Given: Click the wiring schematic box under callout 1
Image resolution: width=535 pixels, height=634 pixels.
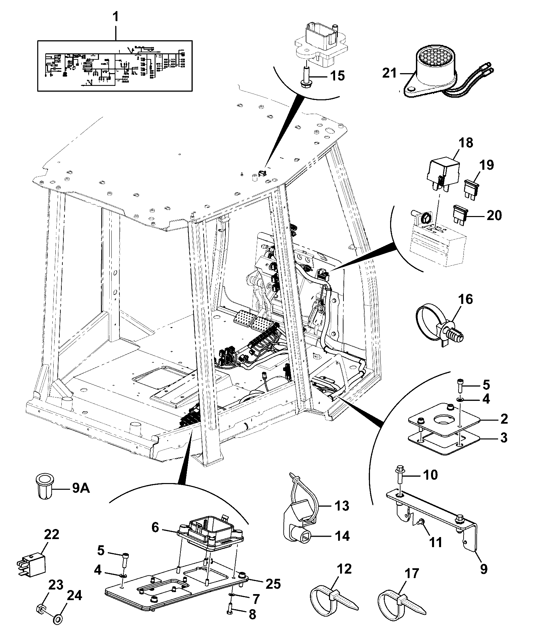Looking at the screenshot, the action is click(115, 66).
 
